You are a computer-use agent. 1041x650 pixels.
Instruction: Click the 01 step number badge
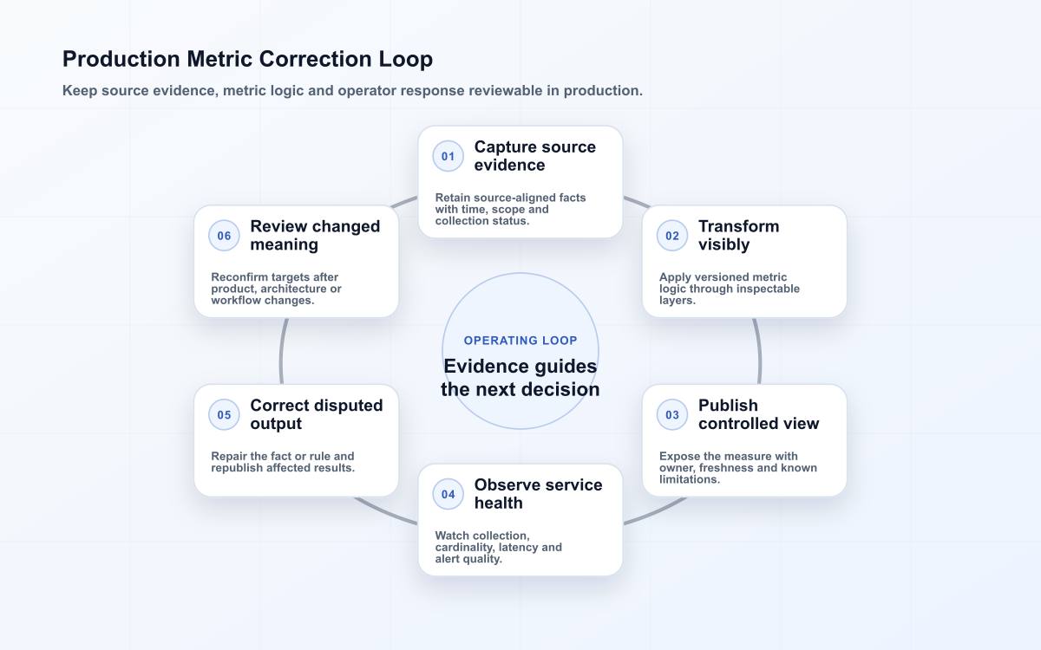pos(448,156)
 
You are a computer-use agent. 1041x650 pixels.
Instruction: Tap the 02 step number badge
pos(672,236)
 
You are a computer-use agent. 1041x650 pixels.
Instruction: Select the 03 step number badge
pos(672,414)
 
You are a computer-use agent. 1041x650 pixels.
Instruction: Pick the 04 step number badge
pos(448,494)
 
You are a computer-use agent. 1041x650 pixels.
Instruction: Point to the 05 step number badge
pos(224,414)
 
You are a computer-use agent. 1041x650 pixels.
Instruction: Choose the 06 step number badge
pos(224,236)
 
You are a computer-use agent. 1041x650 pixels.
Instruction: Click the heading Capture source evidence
pos(535,156)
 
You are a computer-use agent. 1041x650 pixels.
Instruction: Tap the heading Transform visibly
pos(738,236)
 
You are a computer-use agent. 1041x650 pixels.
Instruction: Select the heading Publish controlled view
pos(758,414)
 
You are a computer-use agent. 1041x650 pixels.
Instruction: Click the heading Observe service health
pos(538,494)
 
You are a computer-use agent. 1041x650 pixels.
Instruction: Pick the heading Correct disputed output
pos(317,414)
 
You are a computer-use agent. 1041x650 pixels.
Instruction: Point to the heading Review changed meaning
pos(315,236)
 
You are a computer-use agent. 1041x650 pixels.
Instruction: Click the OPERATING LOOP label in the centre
pos(520,341)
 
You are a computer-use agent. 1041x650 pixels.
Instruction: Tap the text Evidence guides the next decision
pos(520,378)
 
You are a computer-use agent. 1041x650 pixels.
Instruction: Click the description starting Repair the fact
pos(283,462)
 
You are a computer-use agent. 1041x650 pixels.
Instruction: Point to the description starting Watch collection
pos(498,547)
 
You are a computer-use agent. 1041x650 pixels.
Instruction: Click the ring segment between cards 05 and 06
pos(282,351)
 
